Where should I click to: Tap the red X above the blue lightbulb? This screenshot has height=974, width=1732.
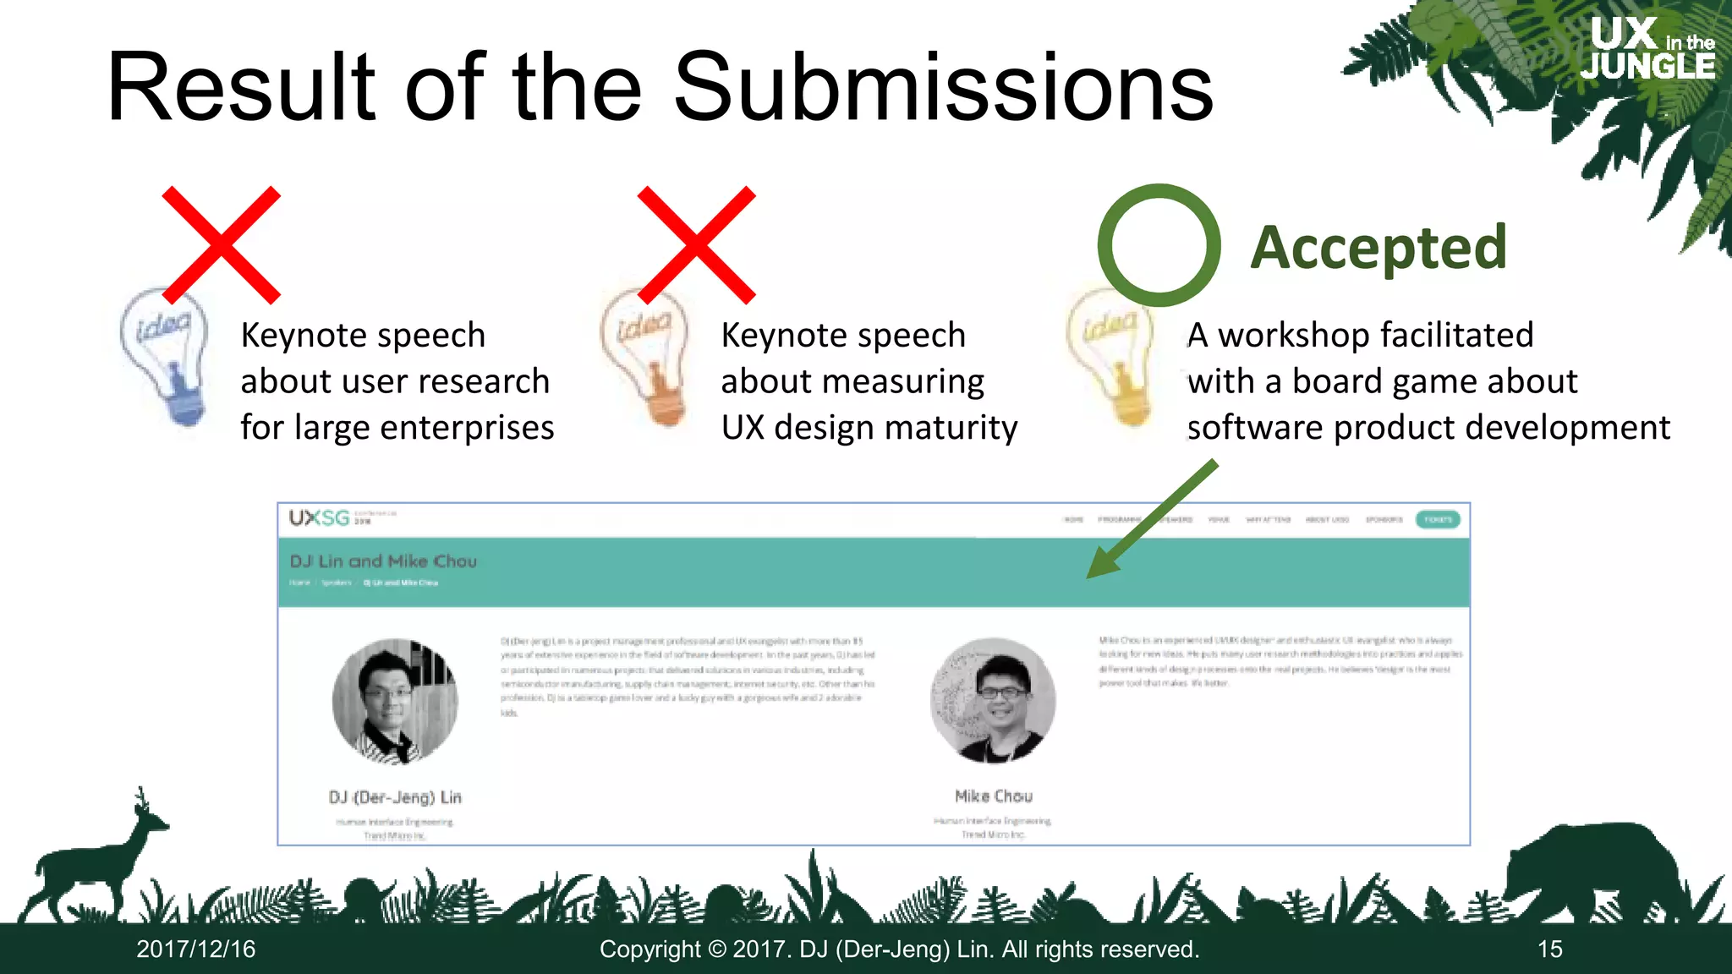222,244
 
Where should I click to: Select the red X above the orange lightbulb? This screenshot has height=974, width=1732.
696,244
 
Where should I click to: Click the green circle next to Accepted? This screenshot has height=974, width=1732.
1159,245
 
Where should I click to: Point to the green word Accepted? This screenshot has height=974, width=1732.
1378,248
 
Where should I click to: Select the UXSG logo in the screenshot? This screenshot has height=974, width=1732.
319,517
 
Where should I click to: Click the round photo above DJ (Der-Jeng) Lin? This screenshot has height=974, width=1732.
395,701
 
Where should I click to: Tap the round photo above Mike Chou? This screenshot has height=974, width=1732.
993,700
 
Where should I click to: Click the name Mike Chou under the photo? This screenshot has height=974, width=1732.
994,796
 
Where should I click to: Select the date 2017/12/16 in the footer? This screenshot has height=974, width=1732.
196,949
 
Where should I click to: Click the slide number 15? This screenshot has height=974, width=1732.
1549,949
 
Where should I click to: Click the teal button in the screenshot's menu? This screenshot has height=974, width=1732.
1438,519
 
